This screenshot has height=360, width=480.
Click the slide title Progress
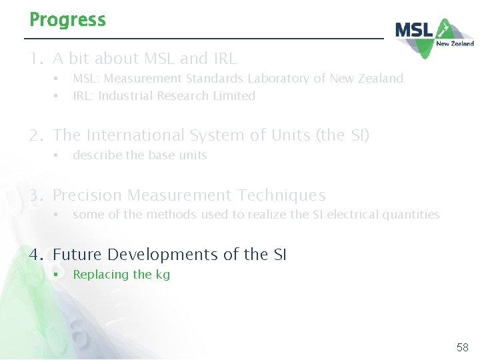(67, 20)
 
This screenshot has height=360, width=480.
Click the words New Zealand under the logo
(455, 44)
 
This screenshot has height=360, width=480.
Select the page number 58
(463, 347)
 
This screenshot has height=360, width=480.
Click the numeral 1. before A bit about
(36, 59)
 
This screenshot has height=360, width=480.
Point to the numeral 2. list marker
(37, 135)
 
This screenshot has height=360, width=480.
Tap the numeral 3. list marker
(37, 195)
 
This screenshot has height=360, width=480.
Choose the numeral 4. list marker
(37, 255)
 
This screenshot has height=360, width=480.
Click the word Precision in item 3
(87, 195)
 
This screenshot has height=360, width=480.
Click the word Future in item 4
(77, 255)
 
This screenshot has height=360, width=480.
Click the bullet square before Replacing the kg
(57, 275)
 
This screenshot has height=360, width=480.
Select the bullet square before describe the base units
(57, 155)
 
